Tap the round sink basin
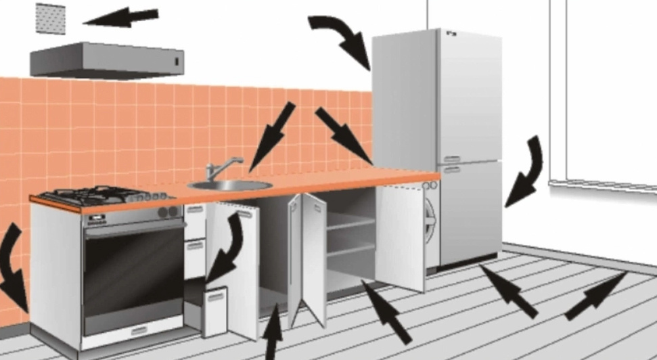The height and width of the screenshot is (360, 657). point(229,185)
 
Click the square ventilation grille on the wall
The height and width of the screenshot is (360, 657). point(50,17)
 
